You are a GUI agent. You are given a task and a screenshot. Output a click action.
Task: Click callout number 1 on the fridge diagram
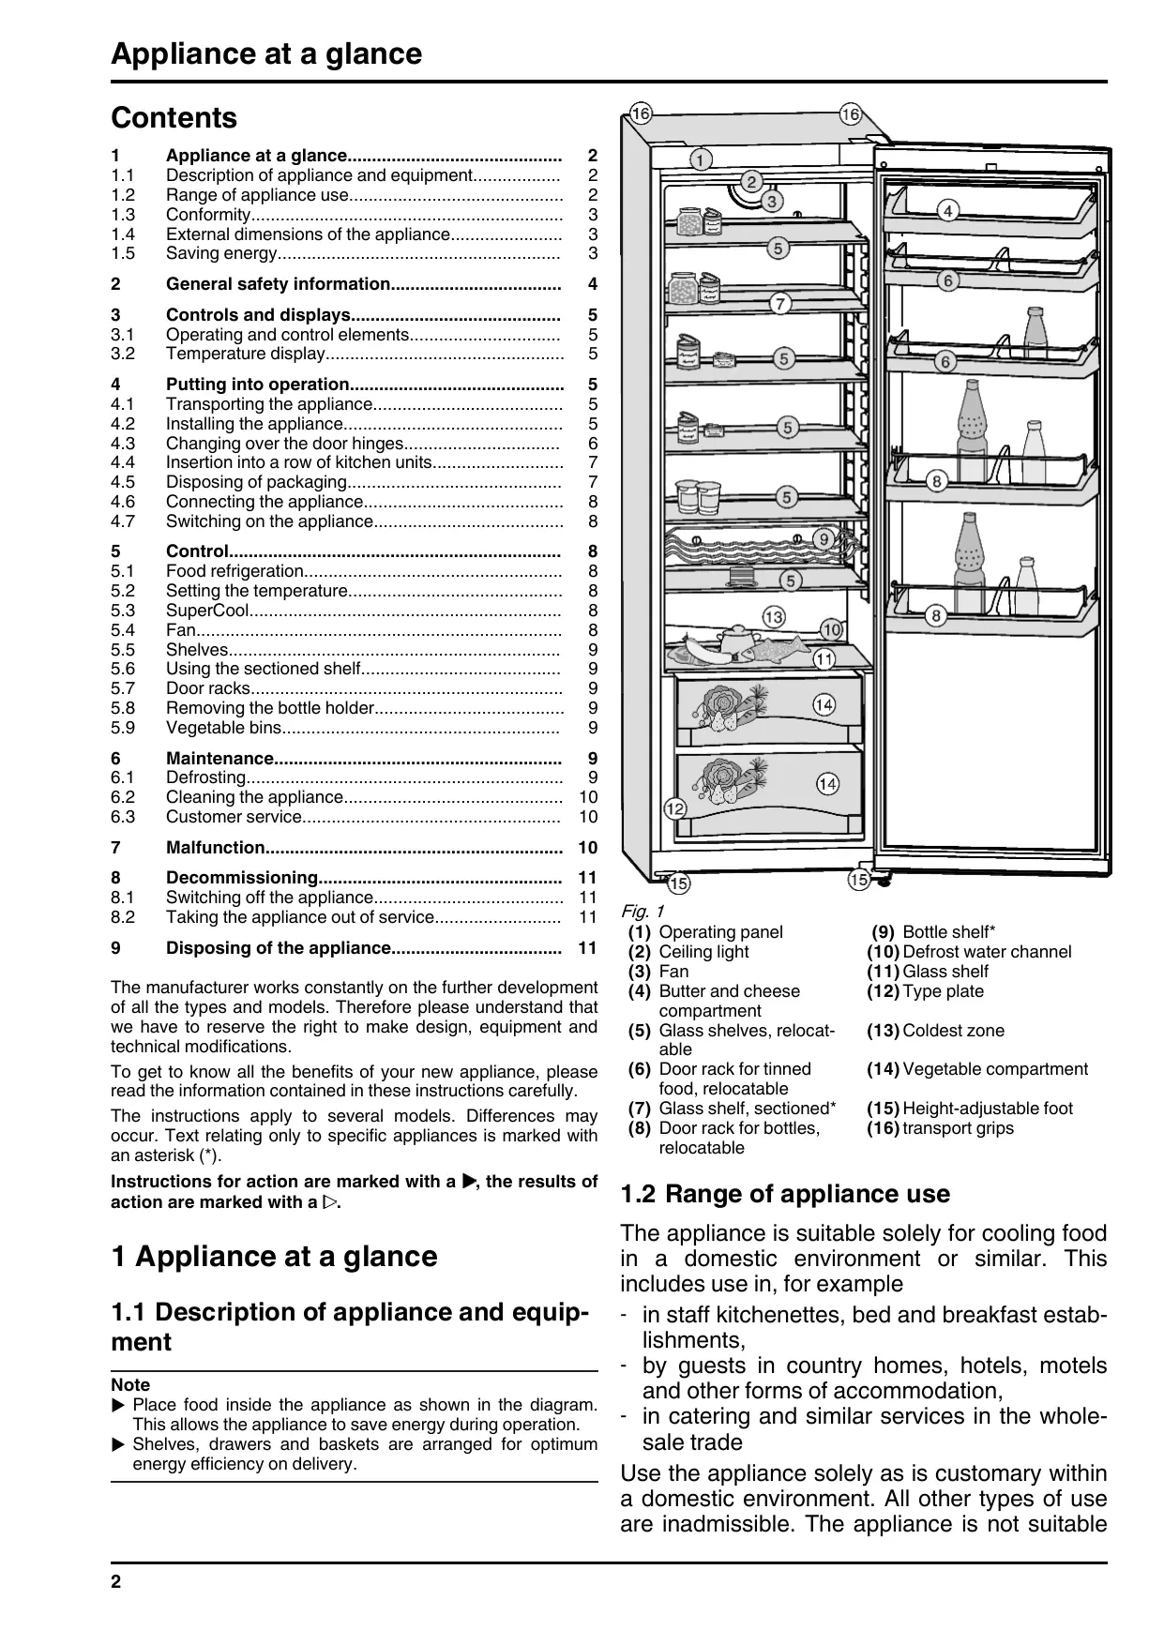[x=700, y=159]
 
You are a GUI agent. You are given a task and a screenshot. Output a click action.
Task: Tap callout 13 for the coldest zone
[x=773, y=617]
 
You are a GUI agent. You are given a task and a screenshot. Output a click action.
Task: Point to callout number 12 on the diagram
[x=674, y=808]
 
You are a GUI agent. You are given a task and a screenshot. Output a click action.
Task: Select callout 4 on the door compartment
[x=948, y=211]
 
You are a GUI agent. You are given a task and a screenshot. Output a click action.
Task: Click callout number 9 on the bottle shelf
[x=823, y=538]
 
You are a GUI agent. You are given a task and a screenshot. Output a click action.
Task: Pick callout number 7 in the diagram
[x=780, y=303]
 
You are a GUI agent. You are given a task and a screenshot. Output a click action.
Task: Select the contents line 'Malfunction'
[x=216, y=848]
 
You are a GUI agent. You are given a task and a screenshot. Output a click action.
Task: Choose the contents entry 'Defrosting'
[x=206, y=777]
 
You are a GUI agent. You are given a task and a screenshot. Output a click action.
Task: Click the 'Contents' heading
[x=174, y=118]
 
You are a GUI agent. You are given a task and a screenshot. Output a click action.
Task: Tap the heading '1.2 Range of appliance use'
[x=785, y=1194]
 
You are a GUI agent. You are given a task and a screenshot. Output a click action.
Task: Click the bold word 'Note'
[x=130, y=1385]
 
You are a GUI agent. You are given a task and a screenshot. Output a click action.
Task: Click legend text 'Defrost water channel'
[x=987, y=952]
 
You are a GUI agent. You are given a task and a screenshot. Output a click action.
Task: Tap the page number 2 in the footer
[x=116, y=1582]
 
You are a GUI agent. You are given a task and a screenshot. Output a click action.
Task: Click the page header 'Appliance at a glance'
[x=266, y=54]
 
